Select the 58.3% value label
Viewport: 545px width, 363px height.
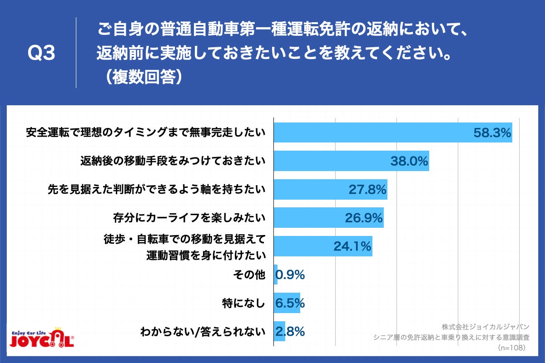pyautogui.click(x=492, y=133)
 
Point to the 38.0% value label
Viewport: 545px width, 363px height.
pyautogui.click(x=409, y=162)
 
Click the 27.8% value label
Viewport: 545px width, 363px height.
pyautogui.click(x=367, y=190)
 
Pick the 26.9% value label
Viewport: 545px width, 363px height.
pyautogui.click(x=364, y=218)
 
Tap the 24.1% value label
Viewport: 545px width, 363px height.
pyautogui.click(x=352, y=246)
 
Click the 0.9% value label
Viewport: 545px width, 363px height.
pyautogui.click(x=290, y=275)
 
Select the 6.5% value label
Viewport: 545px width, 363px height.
pyautogui.click(x=290, y=303)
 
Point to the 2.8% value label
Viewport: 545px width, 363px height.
pyautogui.click(x=290, y=332)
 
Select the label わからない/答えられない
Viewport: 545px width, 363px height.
pyautogui.click(x=203, y=332)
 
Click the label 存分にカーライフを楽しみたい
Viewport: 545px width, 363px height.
pyautogui.click(x=189, y=218)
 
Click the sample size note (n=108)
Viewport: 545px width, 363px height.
pyautogui.click(x=511, y=348)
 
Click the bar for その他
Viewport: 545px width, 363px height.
pyautogui.click(x=276, y=275)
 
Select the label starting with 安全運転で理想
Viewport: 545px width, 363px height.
pyautogui.click(x=145, y=133)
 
